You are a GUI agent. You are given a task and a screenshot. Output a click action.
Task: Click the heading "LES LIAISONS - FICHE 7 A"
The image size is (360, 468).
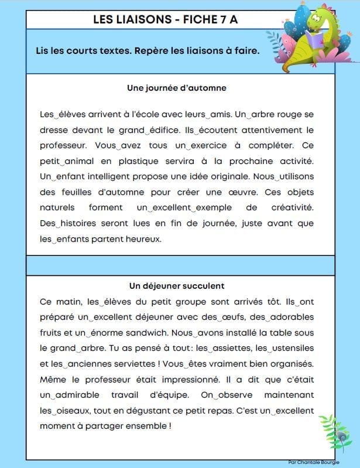coord(166,19)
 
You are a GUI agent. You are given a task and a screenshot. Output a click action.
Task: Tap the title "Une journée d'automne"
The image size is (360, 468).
coord(177,88)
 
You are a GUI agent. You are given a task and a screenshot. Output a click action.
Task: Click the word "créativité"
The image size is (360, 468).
coord(291,207)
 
